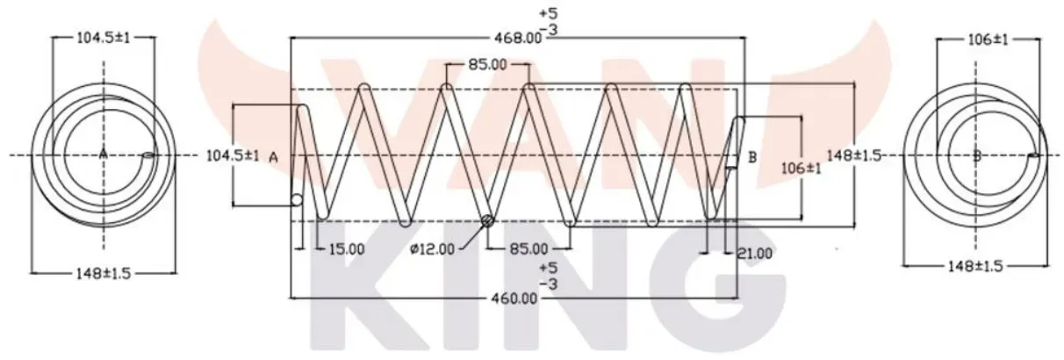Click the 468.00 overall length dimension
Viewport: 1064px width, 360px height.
point(518,38)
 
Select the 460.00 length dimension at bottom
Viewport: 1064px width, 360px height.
point(514,299)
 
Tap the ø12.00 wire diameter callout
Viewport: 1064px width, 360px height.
point(432,248)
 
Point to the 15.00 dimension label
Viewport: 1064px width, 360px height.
point(347,248)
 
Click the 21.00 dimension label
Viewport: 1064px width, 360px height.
point(754,254)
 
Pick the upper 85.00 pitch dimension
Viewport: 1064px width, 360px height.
point(487,64)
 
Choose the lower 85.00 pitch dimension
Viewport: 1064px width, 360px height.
point(528,248)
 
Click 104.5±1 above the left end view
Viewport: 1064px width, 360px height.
point(103,38)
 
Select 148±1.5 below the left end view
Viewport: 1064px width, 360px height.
point(103,274)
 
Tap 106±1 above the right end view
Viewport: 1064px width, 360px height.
point(988,40)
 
